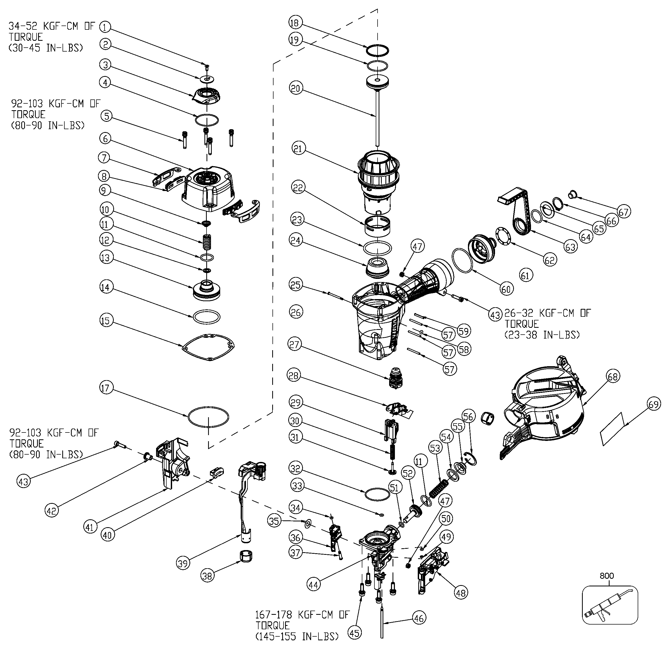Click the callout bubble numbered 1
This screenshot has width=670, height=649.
coord(106,26)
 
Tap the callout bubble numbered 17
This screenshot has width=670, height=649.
coord(106,388)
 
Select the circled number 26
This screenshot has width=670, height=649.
coord(296,312)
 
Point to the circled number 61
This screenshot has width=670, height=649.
coord(526,275)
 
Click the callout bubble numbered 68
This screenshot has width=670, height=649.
coord(613,376)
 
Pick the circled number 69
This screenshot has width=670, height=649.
coord(653,405)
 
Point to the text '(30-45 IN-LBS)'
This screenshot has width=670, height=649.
coord(45,48)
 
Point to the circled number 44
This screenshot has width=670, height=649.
coord(313,585)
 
